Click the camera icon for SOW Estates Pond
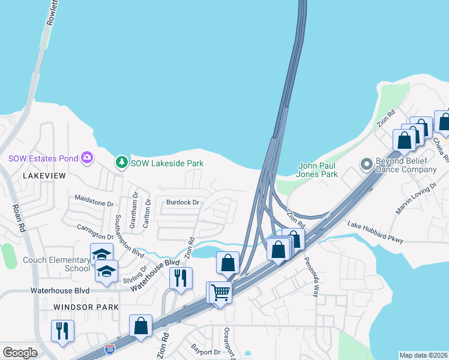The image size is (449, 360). [88, 158]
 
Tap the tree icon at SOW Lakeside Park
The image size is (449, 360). [122, 163]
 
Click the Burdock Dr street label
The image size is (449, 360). [182, 202]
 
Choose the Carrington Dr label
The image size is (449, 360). [95, 227]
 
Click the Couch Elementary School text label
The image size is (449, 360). [55, 265]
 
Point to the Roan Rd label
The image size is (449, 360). [17, 218]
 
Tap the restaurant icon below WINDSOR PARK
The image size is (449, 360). [62, 330]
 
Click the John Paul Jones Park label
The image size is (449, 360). [318, 170]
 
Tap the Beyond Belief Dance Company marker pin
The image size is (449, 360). [366, 164]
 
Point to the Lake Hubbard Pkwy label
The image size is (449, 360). [375, 232]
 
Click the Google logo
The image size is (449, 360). [20, 352]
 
